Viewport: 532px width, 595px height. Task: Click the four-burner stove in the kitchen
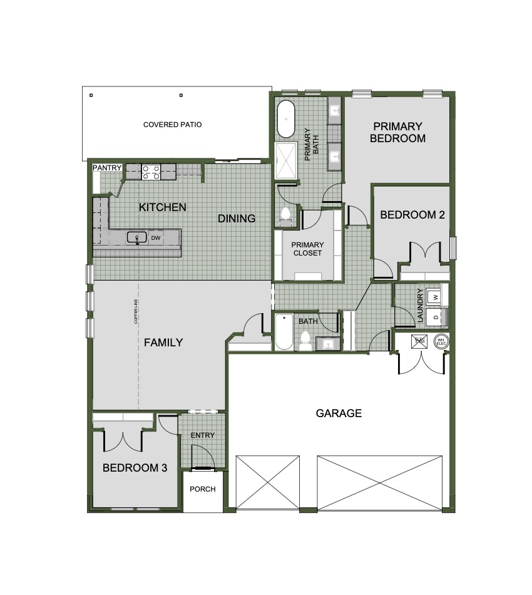point(150,172)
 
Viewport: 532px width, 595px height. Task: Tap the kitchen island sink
point(137,237)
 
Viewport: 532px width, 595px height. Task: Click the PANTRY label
point(106,168)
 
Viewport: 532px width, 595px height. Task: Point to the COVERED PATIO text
point(172,125)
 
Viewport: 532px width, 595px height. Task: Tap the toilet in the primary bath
point(286,215)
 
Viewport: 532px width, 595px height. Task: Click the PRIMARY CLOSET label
point(308,249)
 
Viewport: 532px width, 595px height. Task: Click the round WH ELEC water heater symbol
point(441,342)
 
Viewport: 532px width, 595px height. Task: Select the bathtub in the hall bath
point(283,333)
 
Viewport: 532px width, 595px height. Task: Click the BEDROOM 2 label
point(412,215)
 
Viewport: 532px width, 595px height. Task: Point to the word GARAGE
point(339,413)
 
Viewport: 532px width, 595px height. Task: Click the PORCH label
point(203,489)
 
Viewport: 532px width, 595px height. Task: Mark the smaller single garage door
point(268,482)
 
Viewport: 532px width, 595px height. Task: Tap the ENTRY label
point(203,435)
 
